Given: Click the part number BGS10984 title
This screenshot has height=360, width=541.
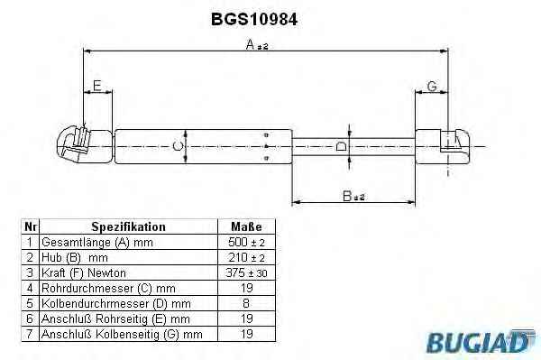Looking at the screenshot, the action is (254, 19).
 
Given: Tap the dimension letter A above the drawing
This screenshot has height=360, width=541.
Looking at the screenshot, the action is (250, 44).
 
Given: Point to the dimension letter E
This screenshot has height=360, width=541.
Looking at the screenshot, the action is (97, 86).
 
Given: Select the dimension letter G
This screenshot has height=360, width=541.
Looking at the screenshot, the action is (432, 86).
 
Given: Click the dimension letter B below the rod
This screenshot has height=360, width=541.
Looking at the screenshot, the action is (347, 196).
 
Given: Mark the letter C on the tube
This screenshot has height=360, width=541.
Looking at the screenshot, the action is (178, 146).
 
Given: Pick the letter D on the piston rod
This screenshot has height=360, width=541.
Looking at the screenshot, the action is (341, 146).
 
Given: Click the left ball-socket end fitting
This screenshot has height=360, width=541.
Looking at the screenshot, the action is (85, 145).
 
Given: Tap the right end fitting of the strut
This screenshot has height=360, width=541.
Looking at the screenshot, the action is (443, 146).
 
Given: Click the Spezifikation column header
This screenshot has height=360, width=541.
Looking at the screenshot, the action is (128, 226).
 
